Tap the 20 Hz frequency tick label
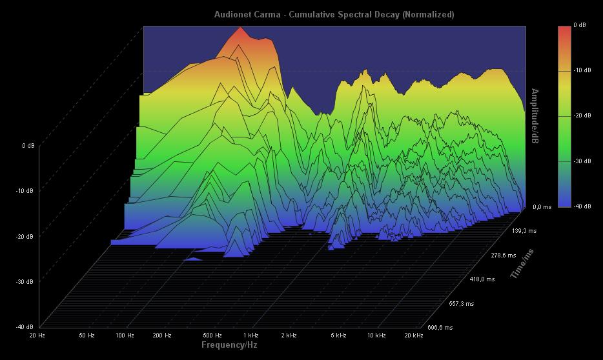[x=37, y=335]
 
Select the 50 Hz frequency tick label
[x=87, y=335]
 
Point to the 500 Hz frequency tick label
[x=212, y=335]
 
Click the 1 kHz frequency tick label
[x=251, y=335]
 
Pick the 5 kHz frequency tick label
[x=338, y=335]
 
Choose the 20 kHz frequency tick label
[x=413, y=335]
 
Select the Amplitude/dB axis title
[x=535, y=116]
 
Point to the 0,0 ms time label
[x=542, y=207]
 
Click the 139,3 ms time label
[x=524, y=230]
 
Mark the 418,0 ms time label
[x=482, y=279]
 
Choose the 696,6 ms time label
[x=440, y=328]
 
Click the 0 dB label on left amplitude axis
[x=28, y=146]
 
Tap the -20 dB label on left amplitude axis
[x=25, y=236]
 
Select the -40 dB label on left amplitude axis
[x=25, y=326]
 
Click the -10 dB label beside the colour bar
[x=582, y=70]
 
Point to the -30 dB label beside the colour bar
[x=582, y=161]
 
